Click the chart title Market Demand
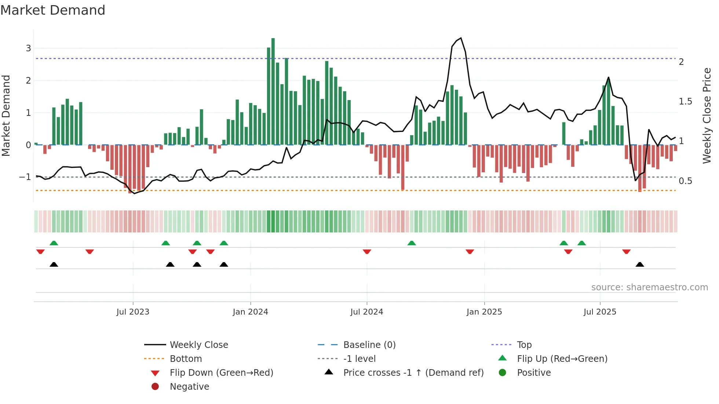(x=53, y=10)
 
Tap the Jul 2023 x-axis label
(x=133, y=312)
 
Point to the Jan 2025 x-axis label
(x=484, y=312)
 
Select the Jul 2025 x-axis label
(x=600, y=312)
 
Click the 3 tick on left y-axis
(x=28, y=48)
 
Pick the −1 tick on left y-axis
(x=25, y=177)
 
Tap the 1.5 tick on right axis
(x=685, y=102)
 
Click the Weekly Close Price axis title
(x=707, y=115)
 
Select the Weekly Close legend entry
(x=198, y=345)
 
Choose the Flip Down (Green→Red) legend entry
(x=221, y=373)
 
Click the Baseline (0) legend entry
(x=369, y=345)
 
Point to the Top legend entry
(x=524, y=345)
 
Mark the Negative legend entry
(x=189, y=387)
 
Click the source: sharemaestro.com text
(x=649, y=287)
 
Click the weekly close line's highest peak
(x=461, y=38)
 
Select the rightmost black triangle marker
(x=640, y=264)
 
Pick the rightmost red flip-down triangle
(x=626, y=251)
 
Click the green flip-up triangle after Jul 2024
(x=412, y=243)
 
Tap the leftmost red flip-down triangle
(x=40, y=251)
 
